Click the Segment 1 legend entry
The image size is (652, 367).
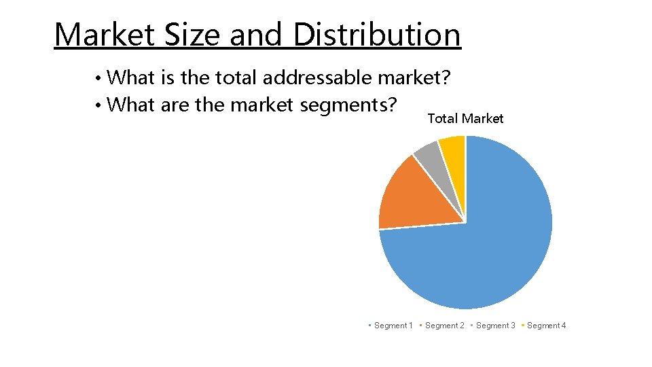pos(391,326)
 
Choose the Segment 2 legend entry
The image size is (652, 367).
pos(441,326)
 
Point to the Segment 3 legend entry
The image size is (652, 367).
pos(492,326)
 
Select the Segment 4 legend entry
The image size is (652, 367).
pos(543,326)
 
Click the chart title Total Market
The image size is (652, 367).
pos(465,119)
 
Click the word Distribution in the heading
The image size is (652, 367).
pos(377,35)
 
